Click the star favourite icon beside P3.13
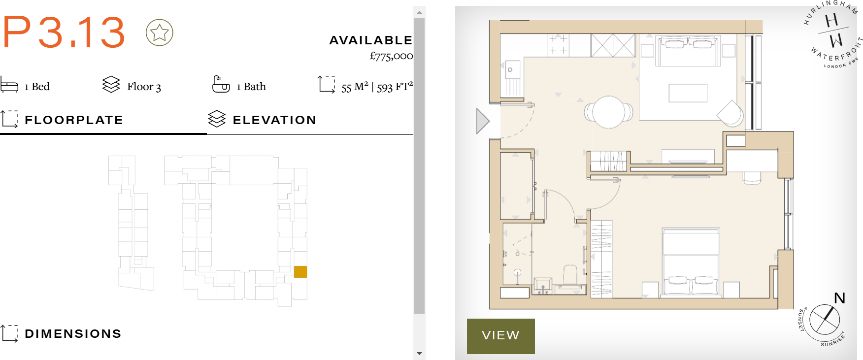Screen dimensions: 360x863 pos(159,33)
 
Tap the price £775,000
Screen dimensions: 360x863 pos(391,56)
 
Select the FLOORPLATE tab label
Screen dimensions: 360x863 pos(73,120)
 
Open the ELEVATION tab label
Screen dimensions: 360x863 pos(274,120)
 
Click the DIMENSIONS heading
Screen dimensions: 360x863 pos(73,334)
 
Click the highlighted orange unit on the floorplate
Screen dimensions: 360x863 pos(300,272)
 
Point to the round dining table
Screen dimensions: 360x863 pos(609,112)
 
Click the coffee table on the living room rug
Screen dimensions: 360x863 pos(688,93)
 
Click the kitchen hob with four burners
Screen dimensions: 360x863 pos(558,44)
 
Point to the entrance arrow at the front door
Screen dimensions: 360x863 pos(482,121)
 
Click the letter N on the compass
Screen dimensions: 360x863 pos(839,298)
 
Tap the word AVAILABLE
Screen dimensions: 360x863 pos(370,40)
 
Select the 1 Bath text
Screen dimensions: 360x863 pos(251,87)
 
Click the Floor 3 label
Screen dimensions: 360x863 pos(144,87)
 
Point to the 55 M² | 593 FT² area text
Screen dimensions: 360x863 pos(377,87)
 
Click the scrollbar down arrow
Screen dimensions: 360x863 pos(419,354)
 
